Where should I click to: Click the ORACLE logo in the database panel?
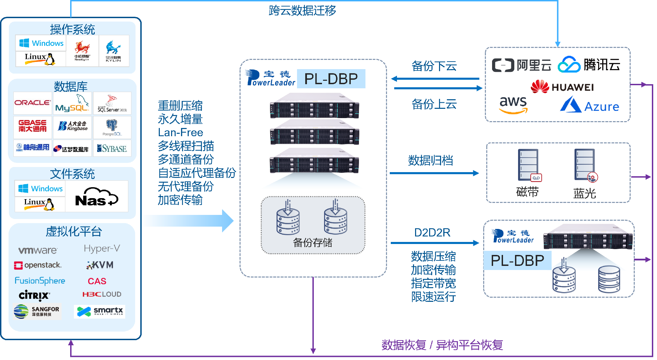(x=33, y=103)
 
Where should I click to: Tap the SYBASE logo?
(x=112, y=149)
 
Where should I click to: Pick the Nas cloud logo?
(x=96, y=197)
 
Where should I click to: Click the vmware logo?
(x=38, y=250)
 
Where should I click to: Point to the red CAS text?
(x=97, y=281)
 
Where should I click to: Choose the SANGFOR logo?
(x=37, y=311)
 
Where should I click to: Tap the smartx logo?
(x=100, y=311)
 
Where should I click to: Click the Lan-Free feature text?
(x=180, y=132)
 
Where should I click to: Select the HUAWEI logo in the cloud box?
(x=562, y=87)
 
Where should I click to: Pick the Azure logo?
(x=589, y=105)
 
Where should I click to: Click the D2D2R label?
(x=432, y=233)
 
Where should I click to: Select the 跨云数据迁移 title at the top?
(x=302, y=11)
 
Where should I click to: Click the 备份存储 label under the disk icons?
(x=312, y=243)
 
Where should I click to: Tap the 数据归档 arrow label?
(x=430, y=160)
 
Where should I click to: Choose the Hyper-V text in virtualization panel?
(x=102, y=248)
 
